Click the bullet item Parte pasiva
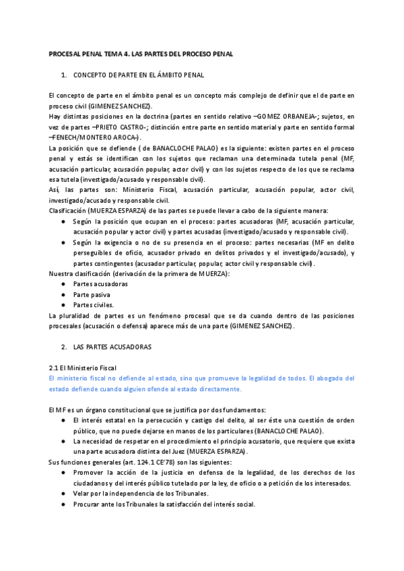point(92,294)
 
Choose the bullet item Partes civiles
point(95,305)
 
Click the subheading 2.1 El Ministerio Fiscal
point(83,368)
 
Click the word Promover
point(89,473)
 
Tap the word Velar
point(82,494)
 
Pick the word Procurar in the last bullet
point(88,504)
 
